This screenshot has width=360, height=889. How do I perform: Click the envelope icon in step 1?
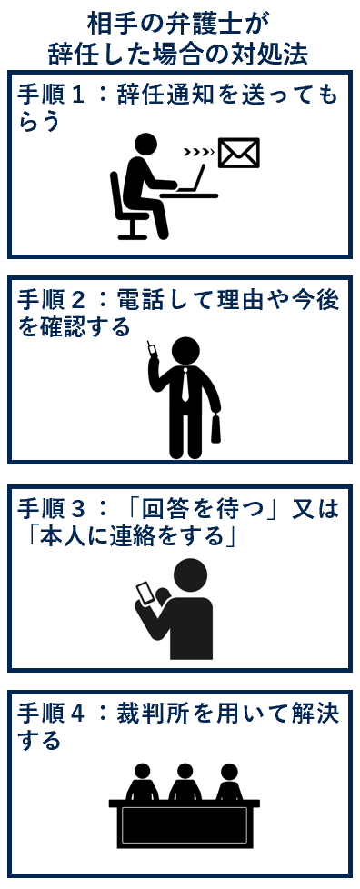239,153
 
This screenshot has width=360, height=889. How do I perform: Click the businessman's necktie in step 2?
185,385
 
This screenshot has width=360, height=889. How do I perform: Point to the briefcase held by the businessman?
216,427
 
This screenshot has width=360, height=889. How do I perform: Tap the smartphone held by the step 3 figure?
146,593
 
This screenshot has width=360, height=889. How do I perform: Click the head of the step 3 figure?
190,576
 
